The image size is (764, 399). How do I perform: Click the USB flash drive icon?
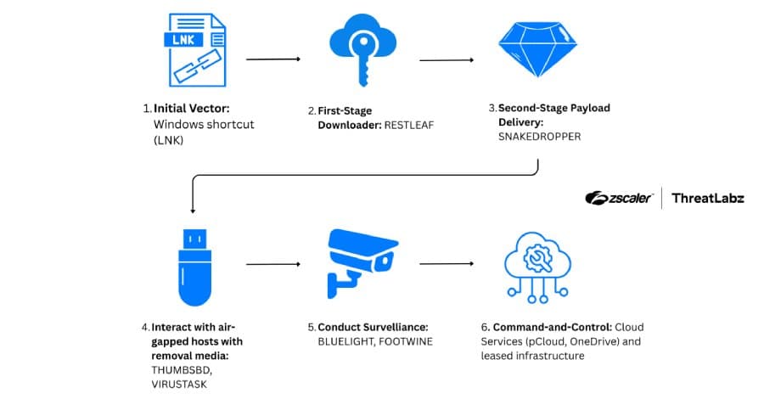pos(194,265)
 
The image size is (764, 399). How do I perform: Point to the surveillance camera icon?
pos(360,264)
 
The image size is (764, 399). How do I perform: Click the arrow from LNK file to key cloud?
pos(273,59)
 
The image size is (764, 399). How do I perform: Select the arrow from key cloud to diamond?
pos(447,60)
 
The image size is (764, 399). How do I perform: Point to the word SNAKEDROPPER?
pos(540,136)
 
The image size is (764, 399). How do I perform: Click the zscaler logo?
pos(619,198)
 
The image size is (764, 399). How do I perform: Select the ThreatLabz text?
pos(708,198)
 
